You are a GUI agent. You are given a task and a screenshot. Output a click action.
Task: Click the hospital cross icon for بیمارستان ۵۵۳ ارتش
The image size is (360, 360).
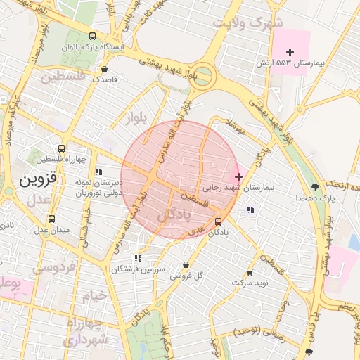pos(290,52)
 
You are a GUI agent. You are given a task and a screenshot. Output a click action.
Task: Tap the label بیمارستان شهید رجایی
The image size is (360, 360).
pos(237,188)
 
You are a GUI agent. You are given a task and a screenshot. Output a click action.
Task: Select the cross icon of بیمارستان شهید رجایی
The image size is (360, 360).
pos(238,176)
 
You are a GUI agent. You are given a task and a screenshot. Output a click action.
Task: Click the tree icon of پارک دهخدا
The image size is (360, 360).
pos(315,187)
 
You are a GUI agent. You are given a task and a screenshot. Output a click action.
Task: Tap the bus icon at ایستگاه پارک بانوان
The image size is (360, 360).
pos(93,37)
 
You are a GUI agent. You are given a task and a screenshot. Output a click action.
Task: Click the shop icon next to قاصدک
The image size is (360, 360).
pos(105,70)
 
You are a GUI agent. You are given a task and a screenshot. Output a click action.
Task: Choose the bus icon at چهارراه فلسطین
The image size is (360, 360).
pos(61,148)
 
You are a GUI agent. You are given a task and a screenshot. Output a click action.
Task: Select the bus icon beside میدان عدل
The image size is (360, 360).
pos(49,219)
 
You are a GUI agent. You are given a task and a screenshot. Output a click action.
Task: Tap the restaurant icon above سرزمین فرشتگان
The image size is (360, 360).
pos(137,259)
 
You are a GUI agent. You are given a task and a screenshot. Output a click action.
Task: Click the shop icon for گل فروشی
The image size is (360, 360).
pos(186,265)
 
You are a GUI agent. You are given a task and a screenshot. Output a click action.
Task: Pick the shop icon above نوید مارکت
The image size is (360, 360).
pos(250,272)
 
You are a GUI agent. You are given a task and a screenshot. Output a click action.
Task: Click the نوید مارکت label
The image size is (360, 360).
pos(250,282)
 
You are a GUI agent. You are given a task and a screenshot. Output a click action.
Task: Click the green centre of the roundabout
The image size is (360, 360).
pos(204,76)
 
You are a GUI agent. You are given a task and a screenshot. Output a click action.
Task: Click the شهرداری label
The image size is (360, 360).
pos(87,340)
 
